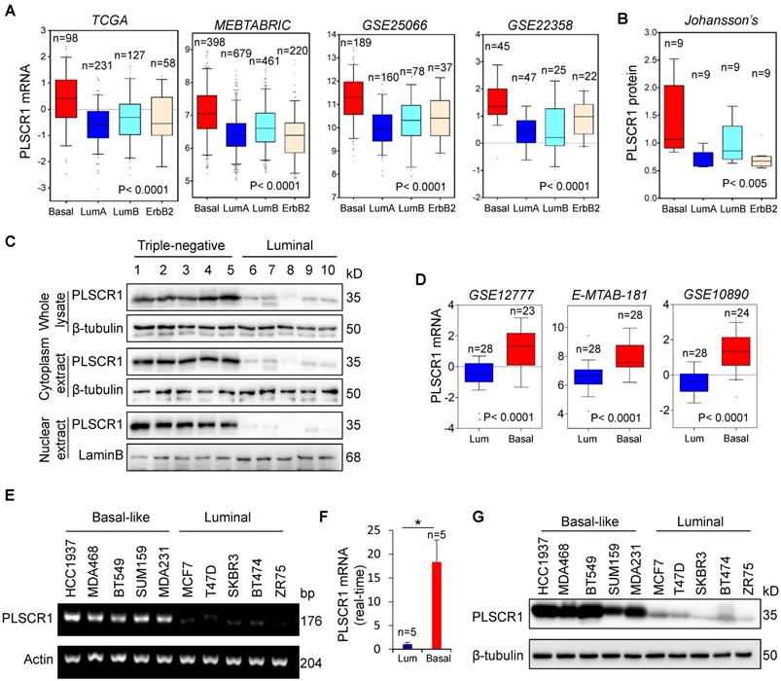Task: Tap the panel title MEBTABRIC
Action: (234, 21)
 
